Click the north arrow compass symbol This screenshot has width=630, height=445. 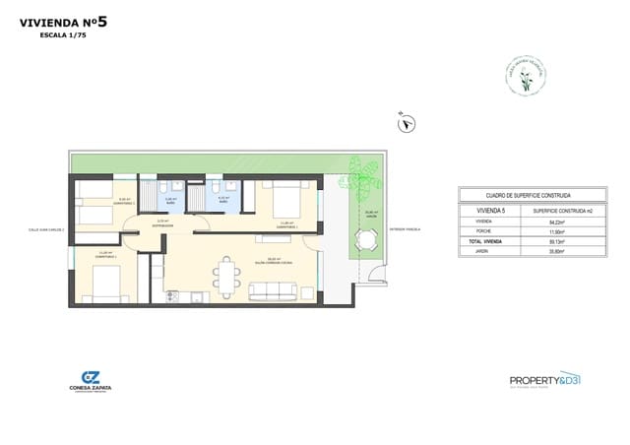[x=406, y=122]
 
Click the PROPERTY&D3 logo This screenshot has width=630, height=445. [x=545, y=379]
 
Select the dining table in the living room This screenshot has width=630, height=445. [x=227, y=276]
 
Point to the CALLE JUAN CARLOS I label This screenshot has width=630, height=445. [x=46, y=231]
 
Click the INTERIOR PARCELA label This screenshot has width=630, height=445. [x=405, y=231]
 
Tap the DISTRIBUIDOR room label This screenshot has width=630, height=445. [x=163, y=224]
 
